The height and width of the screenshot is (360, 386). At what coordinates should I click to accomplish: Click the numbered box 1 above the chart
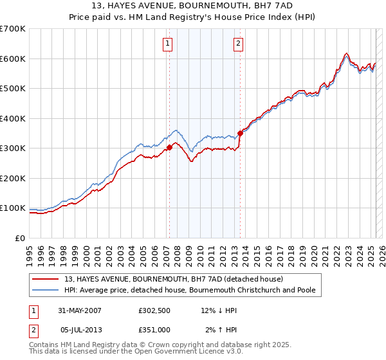(167, 44)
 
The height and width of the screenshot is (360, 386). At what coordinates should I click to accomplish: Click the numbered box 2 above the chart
(238, 44)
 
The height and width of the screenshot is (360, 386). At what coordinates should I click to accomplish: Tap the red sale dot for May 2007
(169, 147)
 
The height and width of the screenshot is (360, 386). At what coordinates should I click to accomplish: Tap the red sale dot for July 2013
(240, 133)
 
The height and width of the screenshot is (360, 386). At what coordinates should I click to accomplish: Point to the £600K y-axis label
(12, 59)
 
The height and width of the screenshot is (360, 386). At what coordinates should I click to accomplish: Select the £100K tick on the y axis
(12, 208)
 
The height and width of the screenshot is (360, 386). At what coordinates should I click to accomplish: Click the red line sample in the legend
(46, 279)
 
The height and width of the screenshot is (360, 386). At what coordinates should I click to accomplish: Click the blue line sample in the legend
(46, 291)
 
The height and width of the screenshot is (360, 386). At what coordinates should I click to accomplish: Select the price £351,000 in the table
(154, 329)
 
